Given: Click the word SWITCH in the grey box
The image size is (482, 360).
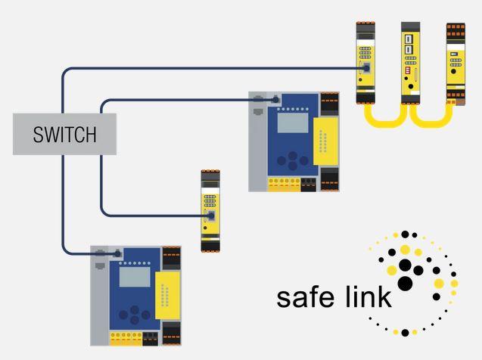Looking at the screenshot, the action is pos(64,135).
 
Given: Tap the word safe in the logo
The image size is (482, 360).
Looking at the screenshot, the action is pos(305,296).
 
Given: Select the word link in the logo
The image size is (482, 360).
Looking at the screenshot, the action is pos(368,296).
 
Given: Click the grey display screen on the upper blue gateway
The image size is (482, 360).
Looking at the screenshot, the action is pos(293,123).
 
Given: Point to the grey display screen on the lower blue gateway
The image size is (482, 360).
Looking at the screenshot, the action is pos(135,277).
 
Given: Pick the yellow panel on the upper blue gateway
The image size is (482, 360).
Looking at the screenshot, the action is pos(326,141).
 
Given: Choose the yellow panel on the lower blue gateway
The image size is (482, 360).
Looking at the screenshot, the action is pos(167,296).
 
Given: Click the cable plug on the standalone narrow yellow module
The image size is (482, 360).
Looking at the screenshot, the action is pos(211,216).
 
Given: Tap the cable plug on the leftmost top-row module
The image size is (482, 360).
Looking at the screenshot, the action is pos(366,68).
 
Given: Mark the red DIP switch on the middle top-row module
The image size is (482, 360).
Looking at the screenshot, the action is pos(408,70).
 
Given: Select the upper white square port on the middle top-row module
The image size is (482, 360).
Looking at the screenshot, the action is pos(409,39).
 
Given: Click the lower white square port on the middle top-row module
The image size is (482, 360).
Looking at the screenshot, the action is pos(409,49).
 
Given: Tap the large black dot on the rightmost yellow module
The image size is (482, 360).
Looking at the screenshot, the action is pos(453,72).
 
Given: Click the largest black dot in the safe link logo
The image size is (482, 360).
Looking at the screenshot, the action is pos(405,283).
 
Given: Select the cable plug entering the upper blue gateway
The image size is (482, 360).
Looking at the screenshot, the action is pos(275,100).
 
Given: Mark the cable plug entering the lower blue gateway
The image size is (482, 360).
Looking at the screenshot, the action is pos(117,253).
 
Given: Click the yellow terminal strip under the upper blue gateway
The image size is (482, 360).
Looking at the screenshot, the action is pos(284,185).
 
